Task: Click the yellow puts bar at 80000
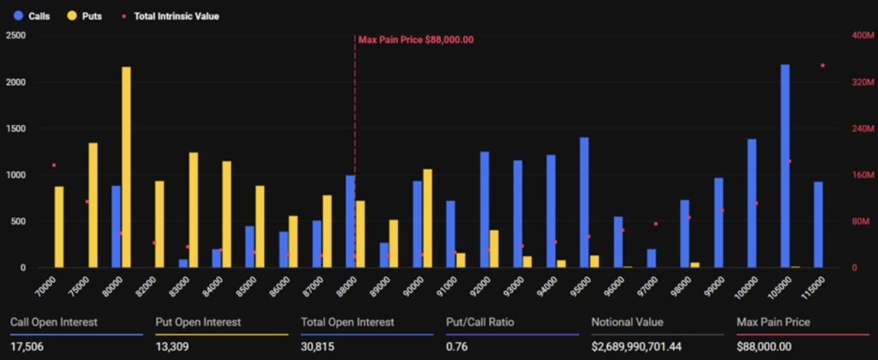click(x=126, y=167)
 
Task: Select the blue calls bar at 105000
click(x=785, y=166)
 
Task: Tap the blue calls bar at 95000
click(x=584, y=202)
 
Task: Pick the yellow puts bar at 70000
click(x=59, y=227)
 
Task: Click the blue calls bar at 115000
click(x=818, y=225)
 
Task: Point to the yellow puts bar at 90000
click(x=427, y=219)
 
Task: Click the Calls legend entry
click(x=31, y=16)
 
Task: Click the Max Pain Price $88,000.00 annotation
click(x=416, y=39)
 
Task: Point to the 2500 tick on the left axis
click(x=15, y=36)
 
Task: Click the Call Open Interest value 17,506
click(x=26, y=345)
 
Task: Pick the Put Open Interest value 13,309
click(x=171, y=345)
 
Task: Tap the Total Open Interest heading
click(x=347, y=322)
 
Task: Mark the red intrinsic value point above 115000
click(x=822, y=65)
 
